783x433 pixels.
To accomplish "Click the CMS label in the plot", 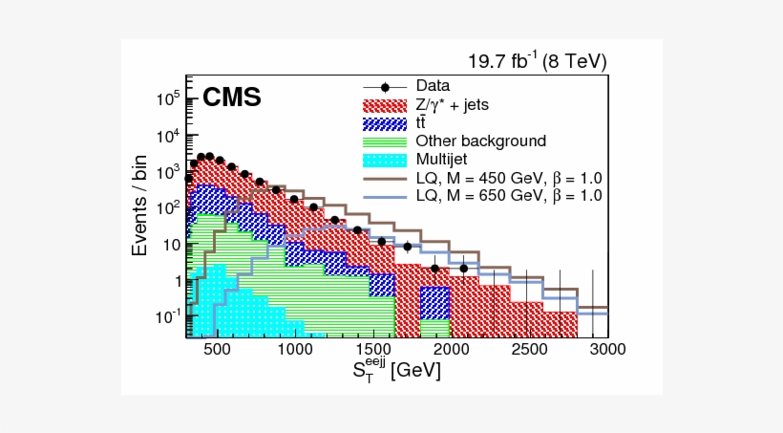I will coord(231,97).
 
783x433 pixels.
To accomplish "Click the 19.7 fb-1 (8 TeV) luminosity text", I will coord(537,62).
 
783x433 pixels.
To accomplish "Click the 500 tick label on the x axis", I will coord(218,349).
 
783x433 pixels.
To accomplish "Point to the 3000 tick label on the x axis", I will coord(606,349).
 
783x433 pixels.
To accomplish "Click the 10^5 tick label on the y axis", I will coord(168,98).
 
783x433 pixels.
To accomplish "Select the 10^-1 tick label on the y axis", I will coord(168,316).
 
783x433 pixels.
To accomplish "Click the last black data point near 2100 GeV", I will coord(464,268).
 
